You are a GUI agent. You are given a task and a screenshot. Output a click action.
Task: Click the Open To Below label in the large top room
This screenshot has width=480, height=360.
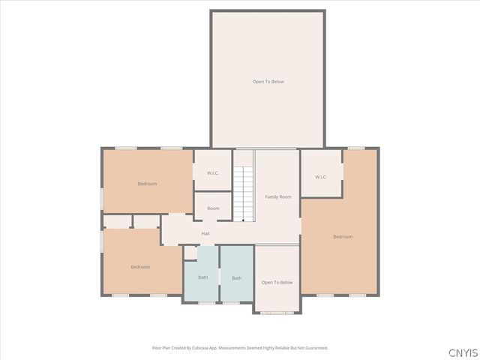268,81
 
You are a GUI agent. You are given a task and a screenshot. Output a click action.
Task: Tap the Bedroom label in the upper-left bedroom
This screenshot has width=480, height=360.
147,184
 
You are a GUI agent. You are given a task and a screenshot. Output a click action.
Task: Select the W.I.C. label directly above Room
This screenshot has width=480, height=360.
212,173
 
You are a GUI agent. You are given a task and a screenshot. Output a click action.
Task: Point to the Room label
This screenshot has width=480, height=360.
213,208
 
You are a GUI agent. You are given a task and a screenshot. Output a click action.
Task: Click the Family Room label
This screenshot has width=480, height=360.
277,196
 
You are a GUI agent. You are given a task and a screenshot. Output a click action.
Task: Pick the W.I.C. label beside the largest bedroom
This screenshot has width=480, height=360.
321,177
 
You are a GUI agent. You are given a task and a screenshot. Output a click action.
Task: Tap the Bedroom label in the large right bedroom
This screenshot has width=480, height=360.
343,236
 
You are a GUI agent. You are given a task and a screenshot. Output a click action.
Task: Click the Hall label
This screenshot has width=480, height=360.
205,233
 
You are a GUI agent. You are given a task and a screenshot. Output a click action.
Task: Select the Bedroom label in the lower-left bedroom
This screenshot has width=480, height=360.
140,266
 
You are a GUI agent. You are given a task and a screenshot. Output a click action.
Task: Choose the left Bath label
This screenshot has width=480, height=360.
202,277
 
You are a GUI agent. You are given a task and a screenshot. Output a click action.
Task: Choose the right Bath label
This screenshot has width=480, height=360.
236,277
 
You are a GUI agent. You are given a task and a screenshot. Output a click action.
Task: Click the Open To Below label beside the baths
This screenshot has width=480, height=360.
277,282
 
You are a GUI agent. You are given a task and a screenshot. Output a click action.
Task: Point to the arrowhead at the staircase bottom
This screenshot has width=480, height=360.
243,220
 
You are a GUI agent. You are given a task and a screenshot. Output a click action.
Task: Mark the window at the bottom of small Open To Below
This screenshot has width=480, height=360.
277,313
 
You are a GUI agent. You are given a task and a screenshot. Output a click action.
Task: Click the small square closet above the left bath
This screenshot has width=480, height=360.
190,253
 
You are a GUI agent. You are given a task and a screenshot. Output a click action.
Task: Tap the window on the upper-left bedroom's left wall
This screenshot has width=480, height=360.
102,198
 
